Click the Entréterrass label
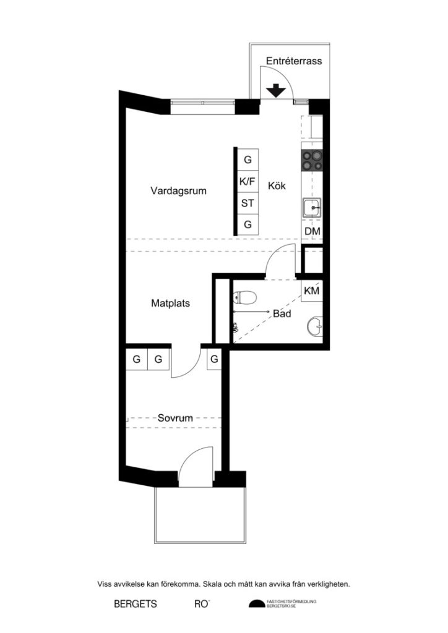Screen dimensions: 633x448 293,61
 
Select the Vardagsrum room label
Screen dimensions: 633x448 178,191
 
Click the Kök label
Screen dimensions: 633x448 277,185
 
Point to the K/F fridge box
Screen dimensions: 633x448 248,182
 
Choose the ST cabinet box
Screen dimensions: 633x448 248,203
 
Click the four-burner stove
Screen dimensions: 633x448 311,161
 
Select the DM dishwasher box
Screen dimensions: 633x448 312,231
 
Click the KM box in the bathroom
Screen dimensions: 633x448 312,291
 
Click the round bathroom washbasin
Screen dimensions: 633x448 315,325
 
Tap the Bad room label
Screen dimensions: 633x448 282,314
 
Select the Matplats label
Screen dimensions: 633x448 170,304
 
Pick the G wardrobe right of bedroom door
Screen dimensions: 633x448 214,359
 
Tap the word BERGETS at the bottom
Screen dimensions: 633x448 135,603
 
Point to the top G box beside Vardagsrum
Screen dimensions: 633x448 248,159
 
